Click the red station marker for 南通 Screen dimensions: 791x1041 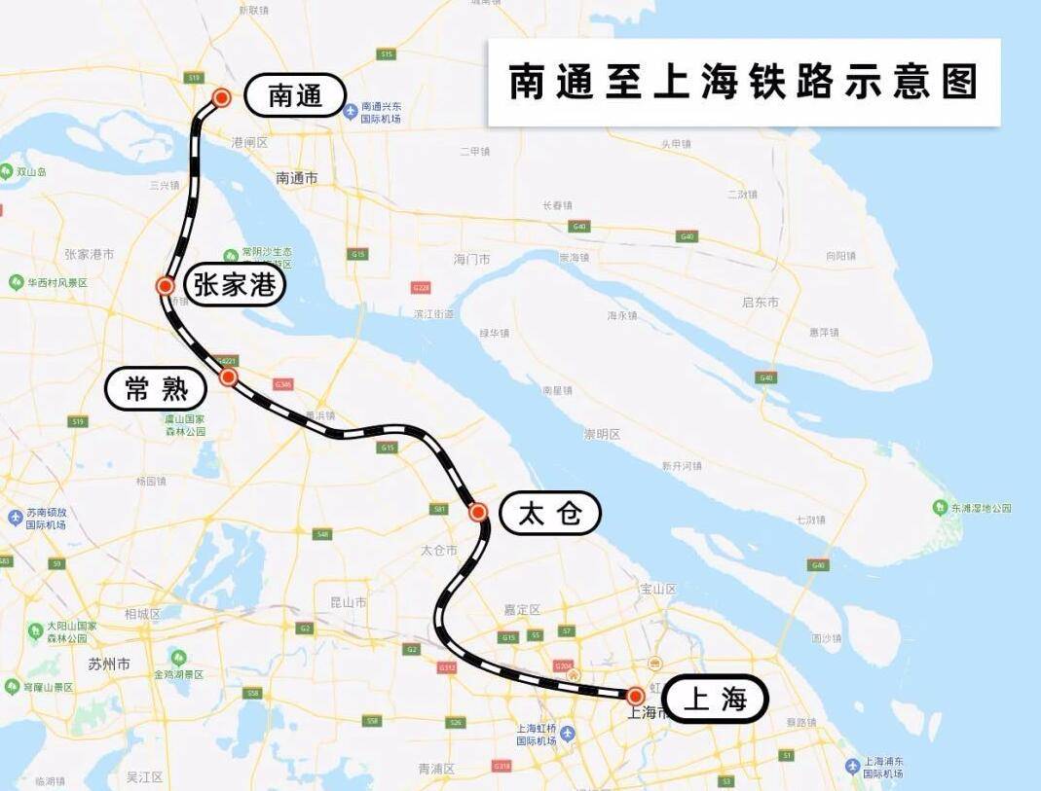pyautogui.click(x=221, y=97)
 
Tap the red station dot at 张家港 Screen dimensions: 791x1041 pyautogui.click(x=166, y=286)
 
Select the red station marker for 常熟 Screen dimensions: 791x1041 pyautogui.click(x=228, y=377)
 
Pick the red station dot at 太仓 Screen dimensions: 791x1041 pyautogui.click(x=478, y=512)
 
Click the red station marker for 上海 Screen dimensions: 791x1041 pyautogui.click(x=635, y=696)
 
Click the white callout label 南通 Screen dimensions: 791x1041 pyautogui.click(x=294, y=95)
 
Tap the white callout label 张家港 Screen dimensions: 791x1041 pyautogui.click(x=235, y=285)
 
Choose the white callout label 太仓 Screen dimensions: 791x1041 pyautogui.click(x=549, y=513)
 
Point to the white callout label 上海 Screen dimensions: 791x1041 pyautogui.click(x=716, y=699)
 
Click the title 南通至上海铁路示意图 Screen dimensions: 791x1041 pyautogui.click(x=743, y=83)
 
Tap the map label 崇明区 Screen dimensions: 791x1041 pyautogui.click(x=602, y=434)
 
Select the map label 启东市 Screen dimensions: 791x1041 pyautogui.click(x=761, y=303)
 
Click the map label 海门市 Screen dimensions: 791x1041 pyautogui.click(x=472, y=260)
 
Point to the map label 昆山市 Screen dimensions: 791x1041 pyautogui.click(x=348, y=602)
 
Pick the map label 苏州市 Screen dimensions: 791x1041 pyautogui.click(x=109, y=665)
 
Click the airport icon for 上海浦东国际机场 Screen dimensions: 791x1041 pyautogui.click(x=853, y=767)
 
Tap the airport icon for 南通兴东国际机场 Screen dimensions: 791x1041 pyautogui.click(x=351, y=111)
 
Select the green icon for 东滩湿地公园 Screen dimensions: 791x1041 pyautogui.click(x=940, y=507)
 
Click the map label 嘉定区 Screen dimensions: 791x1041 pyautogui.click(x=522, y=610)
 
